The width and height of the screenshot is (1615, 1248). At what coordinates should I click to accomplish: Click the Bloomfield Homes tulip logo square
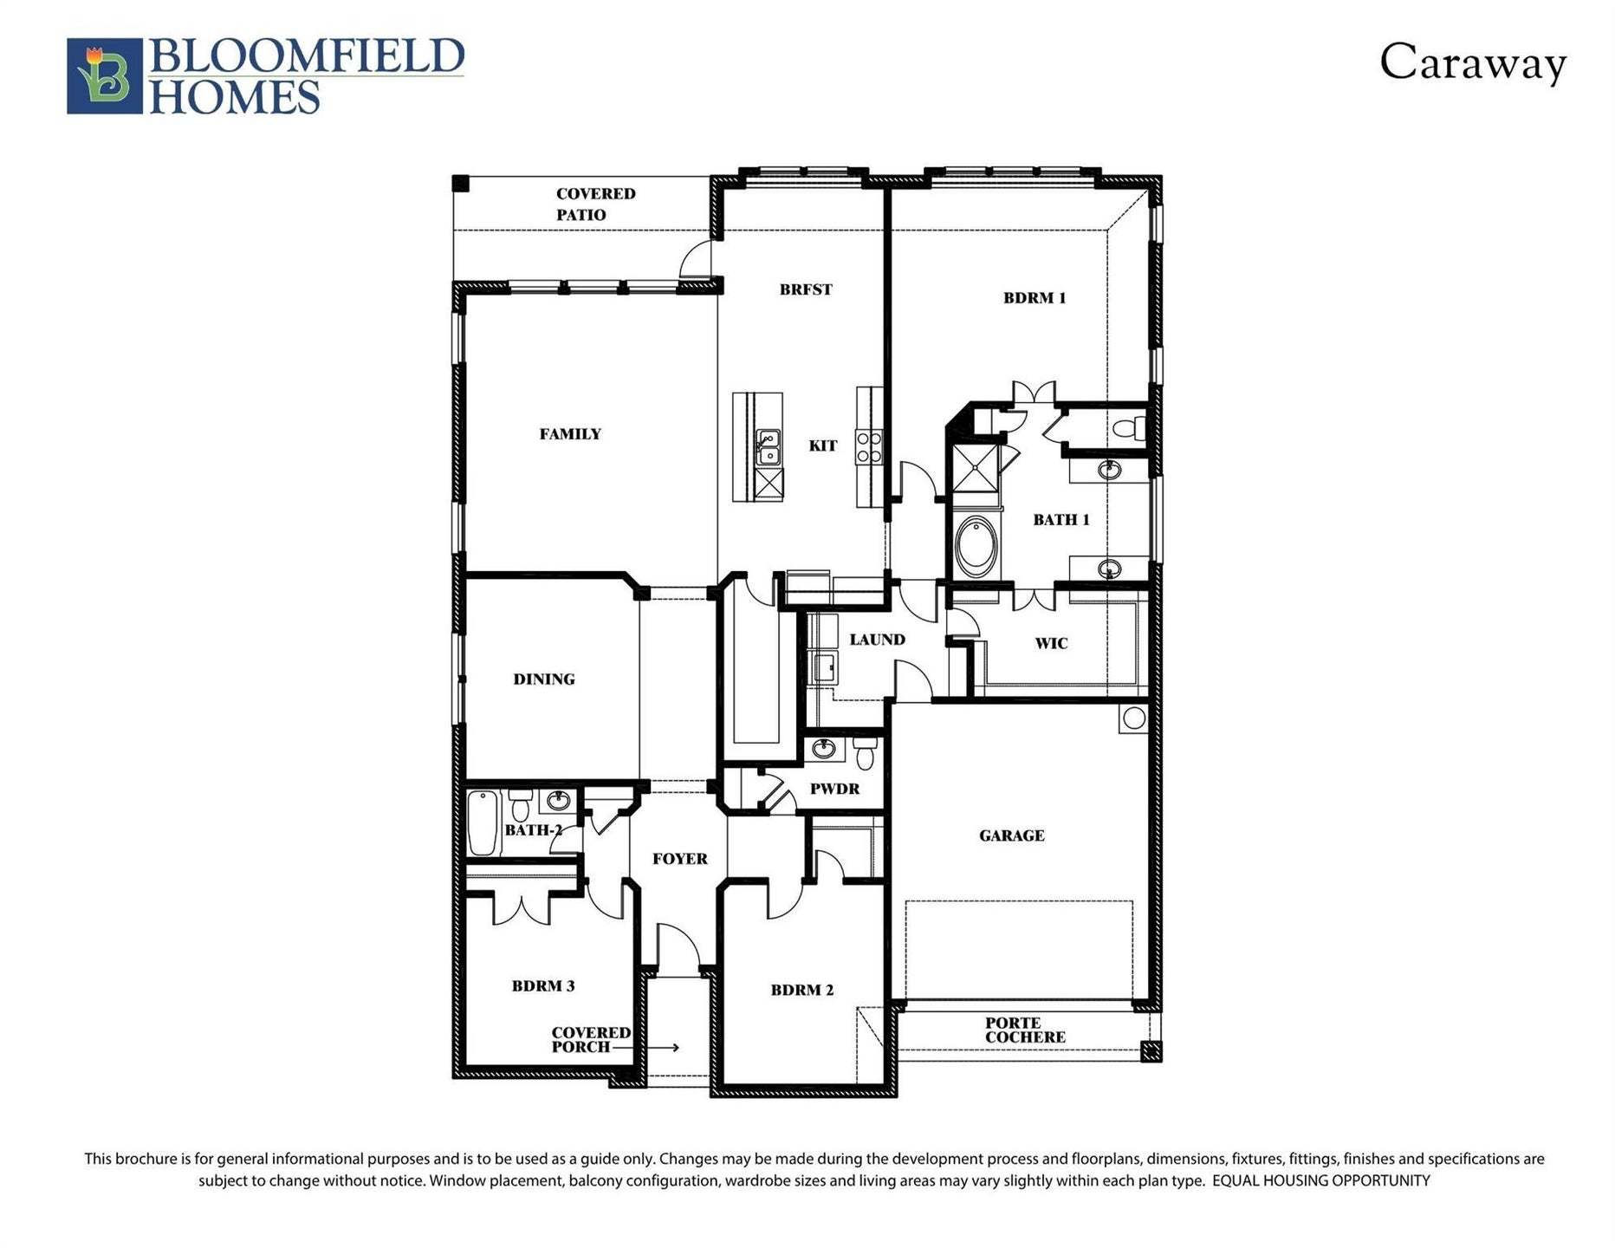tap(105, 75)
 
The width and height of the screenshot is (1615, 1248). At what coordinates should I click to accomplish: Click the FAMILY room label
tap(570, 434)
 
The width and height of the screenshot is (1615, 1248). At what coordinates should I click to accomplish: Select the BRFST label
tap(806, 289)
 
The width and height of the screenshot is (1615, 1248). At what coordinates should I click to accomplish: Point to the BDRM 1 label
tap(1035, 298)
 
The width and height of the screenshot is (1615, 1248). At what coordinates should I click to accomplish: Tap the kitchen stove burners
tap(869, 447)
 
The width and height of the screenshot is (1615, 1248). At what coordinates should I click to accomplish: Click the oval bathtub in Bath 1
tap(976, 546)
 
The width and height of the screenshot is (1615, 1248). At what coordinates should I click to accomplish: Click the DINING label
tap(544, 679)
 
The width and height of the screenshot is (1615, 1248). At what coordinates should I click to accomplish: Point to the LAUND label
tap(877, 640)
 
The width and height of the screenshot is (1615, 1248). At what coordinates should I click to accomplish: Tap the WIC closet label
tap(1051, 643)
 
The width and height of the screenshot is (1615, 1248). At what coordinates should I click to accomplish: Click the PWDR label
tap(835, 789)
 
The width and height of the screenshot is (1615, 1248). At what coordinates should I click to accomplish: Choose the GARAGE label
tap(1012, 835)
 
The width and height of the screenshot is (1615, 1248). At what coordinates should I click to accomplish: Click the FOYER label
tap(680, 859)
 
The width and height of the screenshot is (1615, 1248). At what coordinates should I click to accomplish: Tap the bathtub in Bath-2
tap(484, 822)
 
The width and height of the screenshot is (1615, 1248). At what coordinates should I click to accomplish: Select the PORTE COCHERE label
tap(1025, 1030)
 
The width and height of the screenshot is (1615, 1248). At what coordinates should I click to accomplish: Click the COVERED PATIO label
tap(596, 205)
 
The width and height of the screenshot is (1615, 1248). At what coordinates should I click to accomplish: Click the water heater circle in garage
tap(1133, 718)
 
